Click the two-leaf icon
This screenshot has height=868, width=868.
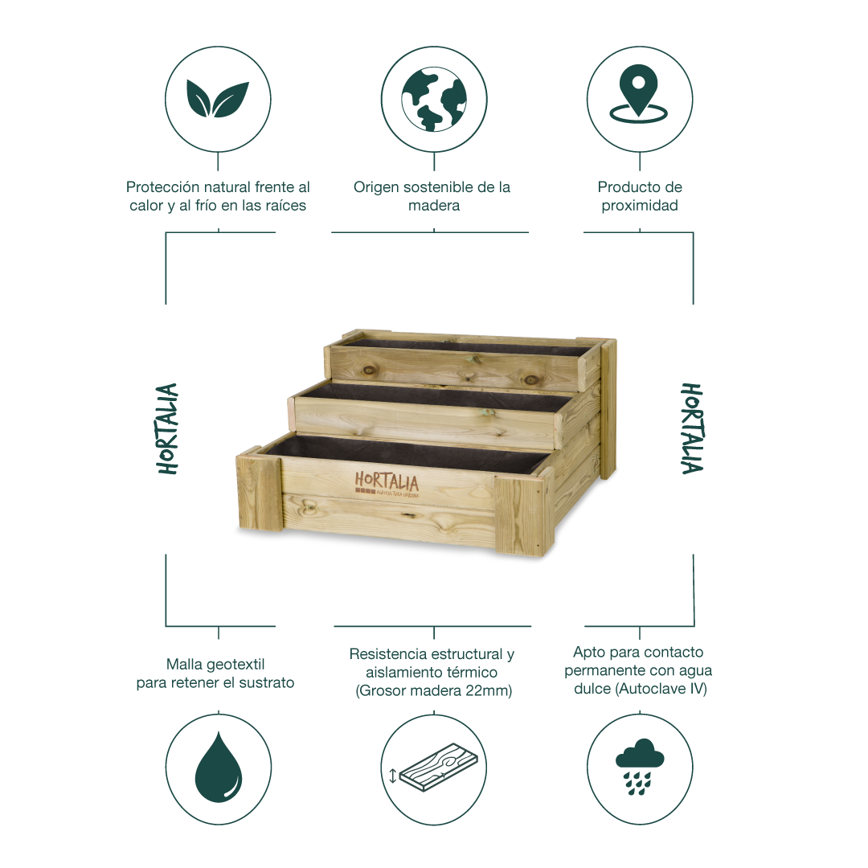tap(218, 100)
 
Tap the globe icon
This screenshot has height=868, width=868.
tap(434, 100)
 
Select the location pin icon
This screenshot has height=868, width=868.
tap(639, 93)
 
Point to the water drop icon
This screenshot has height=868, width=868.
tap(219, 768)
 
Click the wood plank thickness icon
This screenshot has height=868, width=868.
tap(433, 768)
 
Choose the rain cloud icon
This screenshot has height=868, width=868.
tap(640, 767)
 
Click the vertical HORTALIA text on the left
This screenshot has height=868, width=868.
tap(167, 428)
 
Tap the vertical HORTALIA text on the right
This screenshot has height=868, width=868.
tap(692, 428)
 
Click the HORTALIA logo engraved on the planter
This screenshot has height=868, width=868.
tap(387, 485)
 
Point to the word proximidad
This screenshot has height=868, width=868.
tap(640, 206)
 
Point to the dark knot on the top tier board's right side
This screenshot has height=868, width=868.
tap(531, 379)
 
